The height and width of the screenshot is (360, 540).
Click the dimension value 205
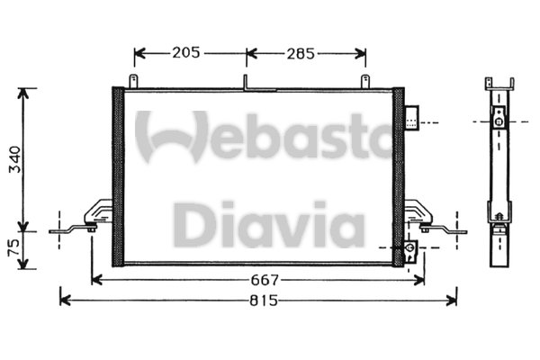pos(185,53)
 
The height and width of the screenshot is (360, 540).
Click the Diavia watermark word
pos(269,225)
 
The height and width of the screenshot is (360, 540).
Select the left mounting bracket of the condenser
pos(90,220)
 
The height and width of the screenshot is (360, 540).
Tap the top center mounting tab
pos(245,82)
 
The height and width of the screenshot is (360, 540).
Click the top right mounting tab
pos(366,82)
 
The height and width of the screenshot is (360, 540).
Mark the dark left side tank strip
pos(117,176)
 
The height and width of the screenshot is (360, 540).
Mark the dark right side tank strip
pos(398,176)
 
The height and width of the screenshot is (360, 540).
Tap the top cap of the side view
pos(497,81)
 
